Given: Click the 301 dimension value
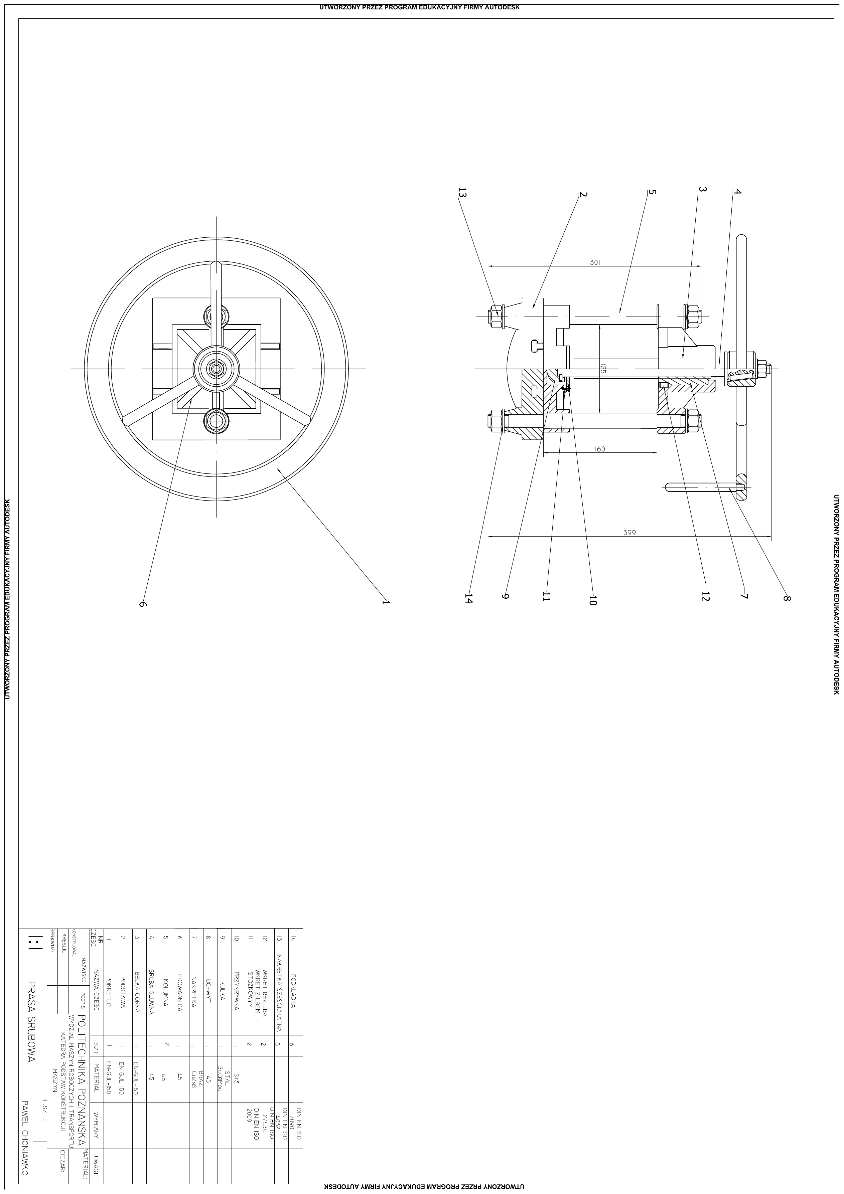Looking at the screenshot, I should coord(595,263).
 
